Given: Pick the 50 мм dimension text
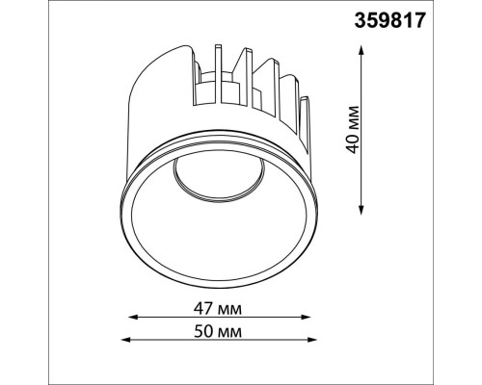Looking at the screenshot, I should point(216,331).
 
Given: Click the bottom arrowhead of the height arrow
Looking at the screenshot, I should point(361,213).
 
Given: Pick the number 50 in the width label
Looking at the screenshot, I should point(203,331).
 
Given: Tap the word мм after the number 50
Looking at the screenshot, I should point(229,331).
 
